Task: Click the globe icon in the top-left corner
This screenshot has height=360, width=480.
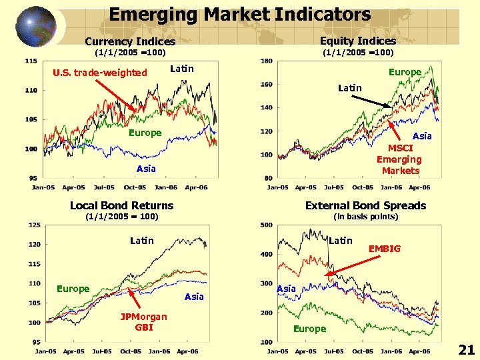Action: tap(35, 26)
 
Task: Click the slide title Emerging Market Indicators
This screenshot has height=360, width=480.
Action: tap(239, 14)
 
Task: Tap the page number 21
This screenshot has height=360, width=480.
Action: tap(467, 350)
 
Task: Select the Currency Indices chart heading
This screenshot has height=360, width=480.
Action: tap(130, 41)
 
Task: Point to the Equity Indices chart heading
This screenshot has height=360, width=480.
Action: tap(358, 41)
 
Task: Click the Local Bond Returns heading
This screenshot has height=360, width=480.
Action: tap(121, 205)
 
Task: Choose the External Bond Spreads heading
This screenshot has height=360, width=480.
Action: tap(365, 205)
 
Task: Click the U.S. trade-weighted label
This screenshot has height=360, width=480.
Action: tap(100, 72)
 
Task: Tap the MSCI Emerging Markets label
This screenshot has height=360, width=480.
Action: tap(400, 159)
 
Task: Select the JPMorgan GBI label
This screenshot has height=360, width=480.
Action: tap(144, 321)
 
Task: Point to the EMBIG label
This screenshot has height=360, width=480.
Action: tap(385, 249)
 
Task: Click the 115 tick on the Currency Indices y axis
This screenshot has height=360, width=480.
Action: tap(31, 61)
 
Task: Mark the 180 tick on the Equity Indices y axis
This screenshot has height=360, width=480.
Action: tap(266, 61)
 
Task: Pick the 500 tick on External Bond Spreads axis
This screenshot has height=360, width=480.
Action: tap(266, 225)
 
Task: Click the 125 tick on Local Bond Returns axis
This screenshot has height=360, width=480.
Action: tap(33, 225)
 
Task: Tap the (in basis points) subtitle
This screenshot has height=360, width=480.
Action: tap(365, 217)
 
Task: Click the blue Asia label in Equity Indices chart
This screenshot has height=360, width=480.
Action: tap(422, 136)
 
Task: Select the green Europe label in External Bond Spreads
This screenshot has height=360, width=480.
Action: tap(310, 329)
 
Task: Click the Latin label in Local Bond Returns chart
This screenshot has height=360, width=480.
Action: tap(142, 241)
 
